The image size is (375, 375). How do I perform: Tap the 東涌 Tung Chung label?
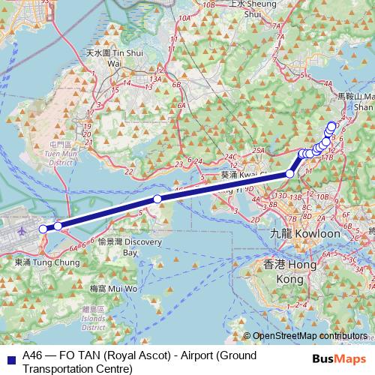pyautogui.click(x=46, y=262)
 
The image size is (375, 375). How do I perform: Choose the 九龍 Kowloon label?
pyautogui.click(x=304, y=234)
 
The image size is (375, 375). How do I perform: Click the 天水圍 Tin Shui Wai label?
pyautogui.click(x=114, y=59)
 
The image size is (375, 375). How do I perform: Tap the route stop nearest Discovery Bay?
pyautogui.click(x=157, y=199)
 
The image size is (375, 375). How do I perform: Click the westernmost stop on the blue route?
pyautogui.click(x=43, y=228)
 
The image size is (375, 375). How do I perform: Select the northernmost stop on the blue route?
pyautogui.click(x=332, y=125)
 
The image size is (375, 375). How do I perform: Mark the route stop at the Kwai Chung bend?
pyautogui.click(x=290, y=174)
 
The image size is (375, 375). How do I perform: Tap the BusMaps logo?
pyautogui.click(x=344, y=358)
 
